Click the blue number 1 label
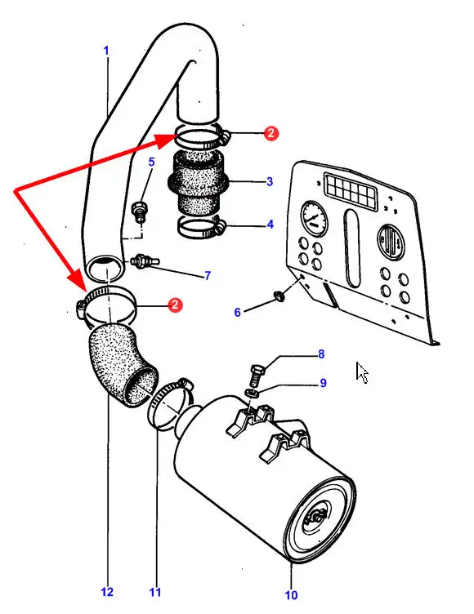point(106,51)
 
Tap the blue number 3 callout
point(270,182)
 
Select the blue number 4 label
point(271,225)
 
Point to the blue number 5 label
point(151,162)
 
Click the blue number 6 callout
point(237,312)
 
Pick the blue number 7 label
point(208,276)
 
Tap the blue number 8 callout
point(321,354)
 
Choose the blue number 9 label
point(323,383)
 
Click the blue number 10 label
point(291,595)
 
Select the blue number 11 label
point(155,593)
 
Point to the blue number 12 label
point(107,593)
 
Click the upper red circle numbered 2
point(271,134)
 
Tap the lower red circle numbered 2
point(175,305)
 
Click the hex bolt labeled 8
point(257,374)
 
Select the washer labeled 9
point(251,393)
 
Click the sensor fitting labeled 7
point(145,260)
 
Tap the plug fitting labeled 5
point(140,210)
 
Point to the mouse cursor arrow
point(361,372)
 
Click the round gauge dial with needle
point(315,218)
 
